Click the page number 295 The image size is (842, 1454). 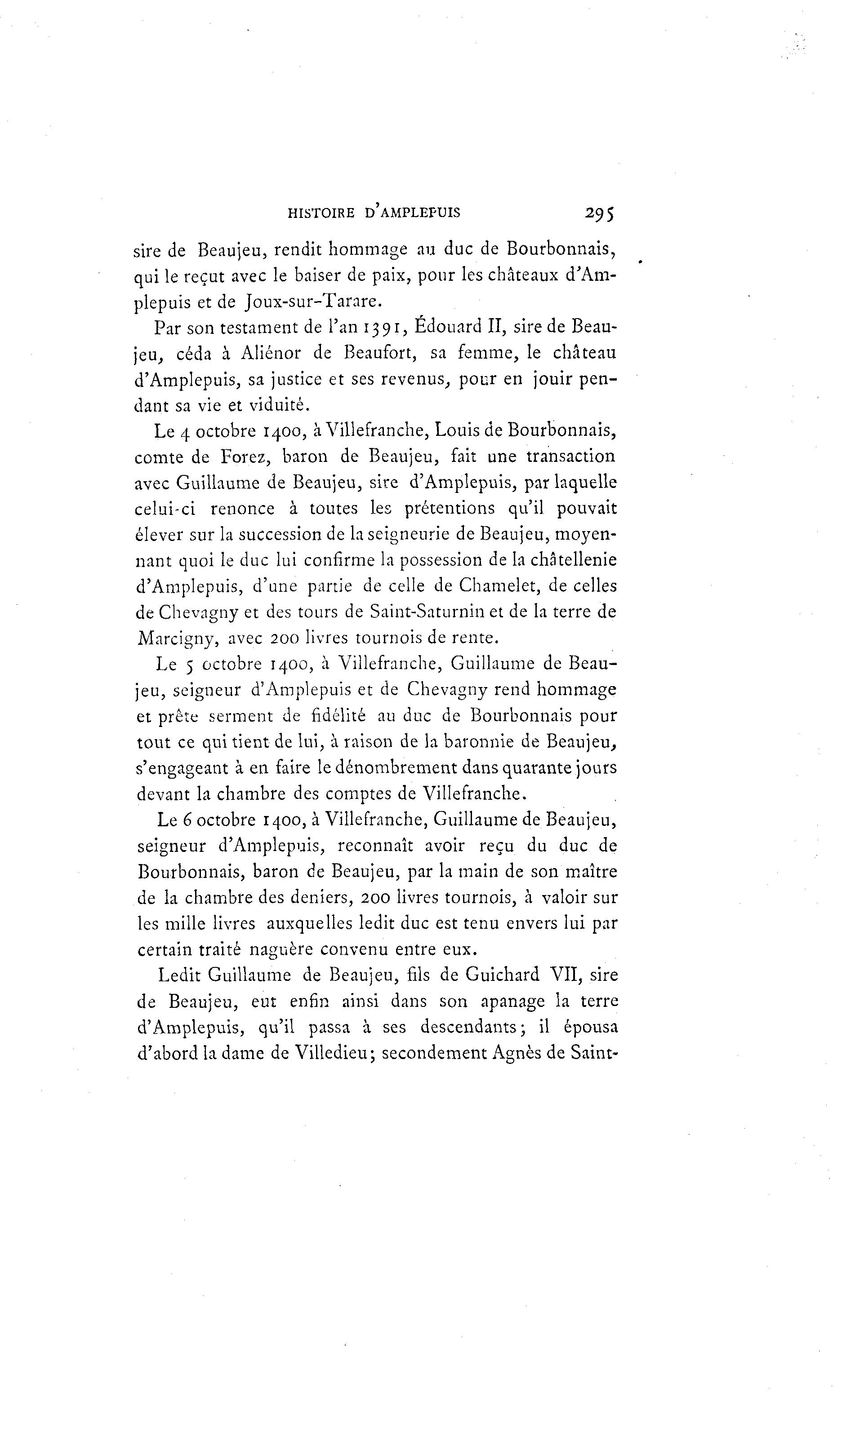click(600, 213)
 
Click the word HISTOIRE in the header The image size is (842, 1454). click(321, 213)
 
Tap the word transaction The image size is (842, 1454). click(571, 457)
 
